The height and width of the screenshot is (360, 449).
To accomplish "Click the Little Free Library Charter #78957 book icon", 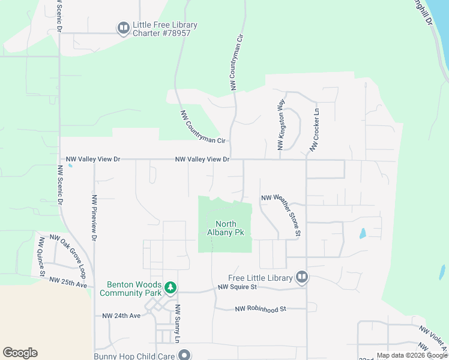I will (x=123, y=28).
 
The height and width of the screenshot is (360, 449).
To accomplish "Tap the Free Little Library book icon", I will (x=302, y=277).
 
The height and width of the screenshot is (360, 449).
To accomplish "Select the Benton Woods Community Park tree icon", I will (x=171, y=289).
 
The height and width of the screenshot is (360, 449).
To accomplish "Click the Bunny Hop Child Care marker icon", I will (x=184, y=356).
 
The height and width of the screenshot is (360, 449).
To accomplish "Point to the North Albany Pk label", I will (x=225, y=228).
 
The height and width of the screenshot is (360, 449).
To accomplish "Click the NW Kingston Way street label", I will (x=280, y=125).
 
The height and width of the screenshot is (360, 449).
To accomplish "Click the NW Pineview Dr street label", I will (x=94, y=217).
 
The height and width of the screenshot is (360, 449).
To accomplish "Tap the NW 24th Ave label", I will (x=121, y=316).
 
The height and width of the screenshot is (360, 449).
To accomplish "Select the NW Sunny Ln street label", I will (x=178, y=323).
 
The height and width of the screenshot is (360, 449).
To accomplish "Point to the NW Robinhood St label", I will (x=261, y=308).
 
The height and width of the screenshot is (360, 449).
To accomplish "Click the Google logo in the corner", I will (x=20, y=353).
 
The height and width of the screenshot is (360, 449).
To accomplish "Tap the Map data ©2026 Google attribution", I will (x=412, y=355).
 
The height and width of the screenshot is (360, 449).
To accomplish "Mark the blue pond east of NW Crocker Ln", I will (x=362, y=233).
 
